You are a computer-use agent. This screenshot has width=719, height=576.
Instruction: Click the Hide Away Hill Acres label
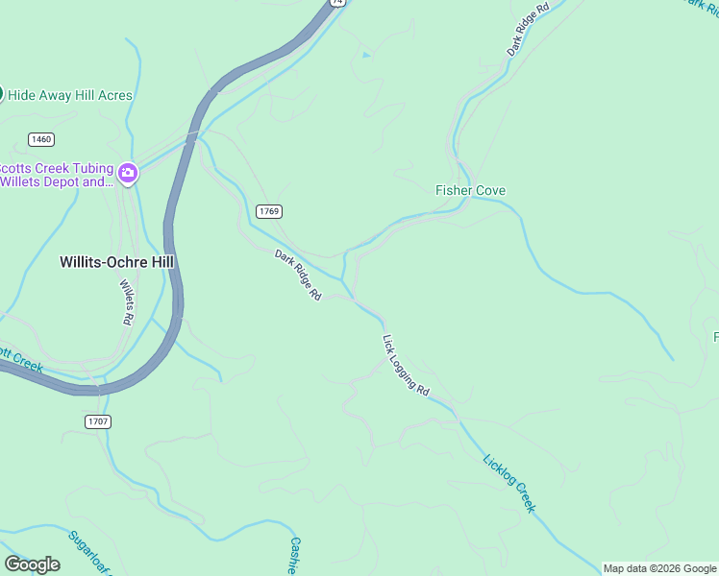(x=70, y=95)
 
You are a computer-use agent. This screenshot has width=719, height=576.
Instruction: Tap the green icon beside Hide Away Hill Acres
(x=2, y=94)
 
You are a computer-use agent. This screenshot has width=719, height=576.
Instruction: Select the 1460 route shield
(x=41, y=139)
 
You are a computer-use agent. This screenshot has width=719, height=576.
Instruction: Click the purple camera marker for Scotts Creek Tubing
(x=129, y=174)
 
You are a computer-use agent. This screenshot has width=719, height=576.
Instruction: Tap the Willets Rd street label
(x=126, y=301)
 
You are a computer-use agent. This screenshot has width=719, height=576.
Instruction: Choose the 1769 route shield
(x=269, y=210)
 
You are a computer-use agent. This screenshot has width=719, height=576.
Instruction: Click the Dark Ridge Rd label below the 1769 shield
(x=297, y=276)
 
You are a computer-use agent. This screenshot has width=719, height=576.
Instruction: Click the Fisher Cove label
(x=470, y=190)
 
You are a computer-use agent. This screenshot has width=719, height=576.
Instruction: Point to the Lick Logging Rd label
(x=405, y=366)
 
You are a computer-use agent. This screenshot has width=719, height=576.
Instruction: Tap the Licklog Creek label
(x=508, y=483)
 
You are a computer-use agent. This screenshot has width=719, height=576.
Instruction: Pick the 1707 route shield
(x=98, y=421)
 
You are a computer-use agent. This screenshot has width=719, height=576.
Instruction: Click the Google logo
(x=32, y=564)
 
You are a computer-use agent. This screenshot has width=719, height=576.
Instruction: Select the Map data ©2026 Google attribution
(x=659, y=568)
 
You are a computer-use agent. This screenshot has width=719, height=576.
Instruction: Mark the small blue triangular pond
(x=365, y=55)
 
